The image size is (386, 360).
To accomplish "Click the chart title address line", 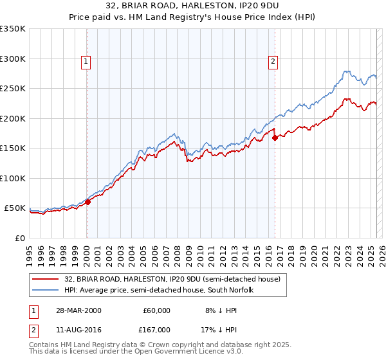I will pyautogui.click(x=193, y=5).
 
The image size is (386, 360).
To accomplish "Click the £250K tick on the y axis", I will pyautogui.click(x=13, y=89).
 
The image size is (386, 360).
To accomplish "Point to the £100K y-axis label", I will pyautogui.click(x=13, y=178).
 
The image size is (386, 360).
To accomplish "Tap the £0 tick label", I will pyautogui.click(x=20, y=238).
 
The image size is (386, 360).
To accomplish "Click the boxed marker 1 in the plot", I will pyautogui.click(x=86, y=62).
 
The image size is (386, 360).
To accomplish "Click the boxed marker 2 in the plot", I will pyautogui.click(x=273, y=62).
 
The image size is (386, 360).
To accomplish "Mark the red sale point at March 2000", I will pyautogui.click(x=88, y=202).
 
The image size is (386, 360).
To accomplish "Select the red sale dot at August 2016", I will pyautogui.click(x=275, y=138).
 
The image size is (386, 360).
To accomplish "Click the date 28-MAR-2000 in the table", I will pyautogui.click(x=78, y=310).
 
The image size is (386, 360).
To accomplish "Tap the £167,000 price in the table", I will pyautogui.click(x=156, y=328).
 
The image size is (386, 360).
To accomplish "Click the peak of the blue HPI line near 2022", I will pyautogui.click(x=346, y=71).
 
